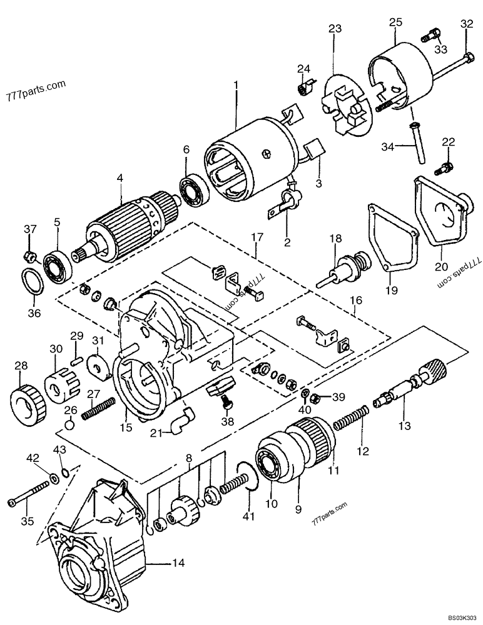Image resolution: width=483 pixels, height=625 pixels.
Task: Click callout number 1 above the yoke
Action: click(236, 84)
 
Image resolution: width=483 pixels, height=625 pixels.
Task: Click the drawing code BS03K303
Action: click(458, 617)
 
